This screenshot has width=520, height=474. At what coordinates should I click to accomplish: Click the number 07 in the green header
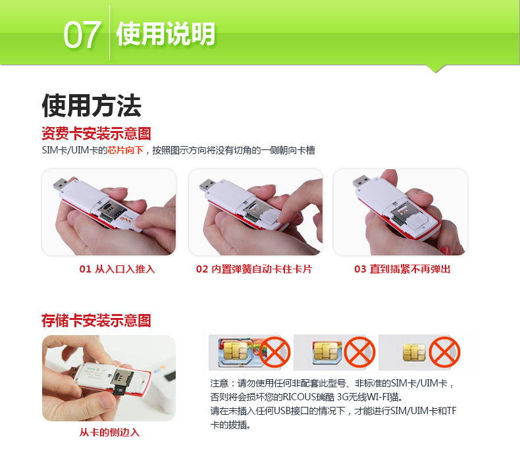click(82, 34)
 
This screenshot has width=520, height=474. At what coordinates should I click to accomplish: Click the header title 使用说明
click(165, 34)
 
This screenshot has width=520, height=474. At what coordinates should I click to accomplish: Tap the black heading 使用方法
click(91, 105)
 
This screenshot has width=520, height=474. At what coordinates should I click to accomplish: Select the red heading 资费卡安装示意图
click(96, 134)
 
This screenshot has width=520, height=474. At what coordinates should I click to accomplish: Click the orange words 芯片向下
click(125, 150)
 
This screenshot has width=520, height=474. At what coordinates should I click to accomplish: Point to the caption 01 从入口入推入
click(117, 269)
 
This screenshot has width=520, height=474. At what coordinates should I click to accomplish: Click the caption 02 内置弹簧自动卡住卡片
click(254, 269)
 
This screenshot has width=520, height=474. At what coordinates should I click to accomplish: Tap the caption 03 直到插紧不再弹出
click(402, 269)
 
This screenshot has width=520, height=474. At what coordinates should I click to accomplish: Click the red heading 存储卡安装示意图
click(96, 321)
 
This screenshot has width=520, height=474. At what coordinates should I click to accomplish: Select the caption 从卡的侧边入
click(109, 433)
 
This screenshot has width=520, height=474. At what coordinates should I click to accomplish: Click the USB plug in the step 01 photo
click(61, 184)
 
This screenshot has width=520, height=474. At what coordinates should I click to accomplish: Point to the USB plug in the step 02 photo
click(207, 184)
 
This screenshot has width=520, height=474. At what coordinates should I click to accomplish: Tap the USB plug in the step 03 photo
click(361, 181)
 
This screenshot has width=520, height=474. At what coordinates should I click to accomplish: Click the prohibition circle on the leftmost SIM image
click(274, 352)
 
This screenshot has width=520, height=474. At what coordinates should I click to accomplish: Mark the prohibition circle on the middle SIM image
click(359, 352)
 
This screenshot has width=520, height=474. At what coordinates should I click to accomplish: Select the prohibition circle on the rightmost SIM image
click(444, 352)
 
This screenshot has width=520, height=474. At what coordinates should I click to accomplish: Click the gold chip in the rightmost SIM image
click(414, 352)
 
